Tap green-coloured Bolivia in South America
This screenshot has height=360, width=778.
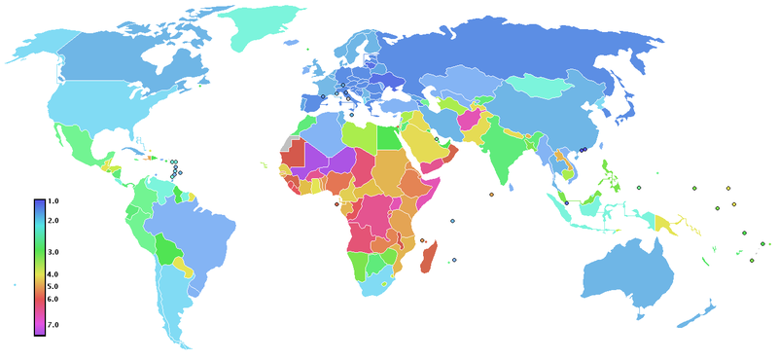click(x=172, y=253)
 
